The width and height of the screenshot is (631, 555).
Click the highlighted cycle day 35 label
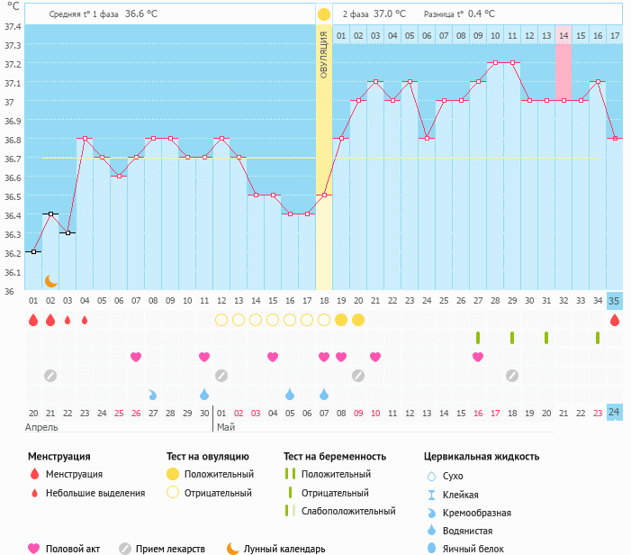coord(614,301)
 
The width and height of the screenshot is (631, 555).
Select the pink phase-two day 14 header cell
coord(563,35)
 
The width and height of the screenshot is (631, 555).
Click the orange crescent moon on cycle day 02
coord(50,281)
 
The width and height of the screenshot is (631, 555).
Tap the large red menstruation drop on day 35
coord(615,320)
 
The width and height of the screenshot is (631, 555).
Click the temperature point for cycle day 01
coord(33,252)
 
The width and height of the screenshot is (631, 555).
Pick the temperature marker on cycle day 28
coord(495,63)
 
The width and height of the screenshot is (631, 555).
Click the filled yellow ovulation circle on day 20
coord(358,320)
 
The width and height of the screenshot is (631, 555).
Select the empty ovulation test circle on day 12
coord(221,320)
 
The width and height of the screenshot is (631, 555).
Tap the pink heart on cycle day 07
coord(136,357)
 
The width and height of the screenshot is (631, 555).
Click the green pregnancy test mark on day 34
coord(598,338)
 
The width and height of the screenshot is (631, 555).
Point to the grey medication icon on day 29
coord(512,375)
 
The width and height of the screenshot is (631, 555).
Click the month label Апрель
coord(41,427)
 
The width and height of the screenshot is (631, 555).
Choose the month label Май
coord(225,427)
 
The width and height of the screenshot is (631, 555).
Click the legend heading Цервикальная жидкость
coord(482,456)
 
